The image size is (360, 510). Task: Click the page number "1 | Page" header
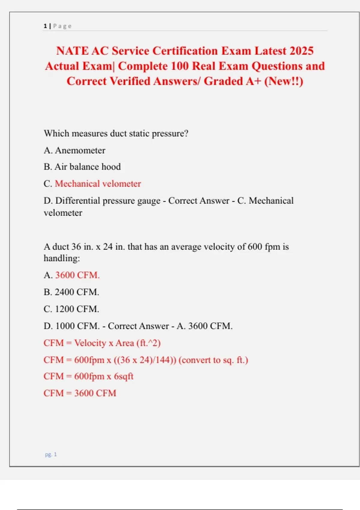pyautogui.click(x=58, y=26)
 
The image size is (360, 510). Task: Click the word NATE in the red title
pyautogui.click(x=72, y=51)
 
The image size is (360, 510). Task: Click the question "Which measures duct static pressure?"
pyautogui.click(x=116, y=133)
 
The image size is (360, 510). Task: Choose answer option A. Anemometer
pyautogui.click(x=74, y=150)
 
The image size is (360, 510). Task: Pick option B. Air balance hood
pyautogui.click(x=82, y=167)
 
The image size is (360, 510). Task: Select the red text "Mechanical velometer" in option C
pyautogui.click(x=98, y=184)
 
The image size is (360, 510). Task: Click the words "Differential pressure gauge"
pyautogui.click(x=108, y=201)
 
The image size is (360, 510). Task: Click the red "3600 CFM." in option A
pyautogui.click(x=77, y=275)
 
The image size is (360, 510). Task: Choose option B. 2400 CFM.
pyautogui.click(x=71, y=292)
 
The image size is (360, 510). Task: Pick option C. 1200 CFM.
pyautogui.click(x=71, y=309)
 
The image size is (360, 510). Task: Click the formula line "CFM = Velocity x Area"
pyautogui.click(x=102, y=343)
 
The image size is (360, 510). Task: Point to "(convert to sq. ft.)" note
pyautogui.click(x=213, y=360)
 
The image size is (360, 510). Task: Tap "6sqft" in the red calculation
pyautogui.click(x=123, y=376)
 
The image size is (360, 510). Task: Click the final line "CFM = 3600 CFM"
pyautogui.click(x=80, y=393)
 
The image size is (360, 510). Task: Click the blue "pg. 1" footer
pyautogui.click(x=51, y=454)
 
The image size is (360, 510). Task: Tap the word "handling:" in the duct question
pyautogui.click(x=62, y=258)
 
